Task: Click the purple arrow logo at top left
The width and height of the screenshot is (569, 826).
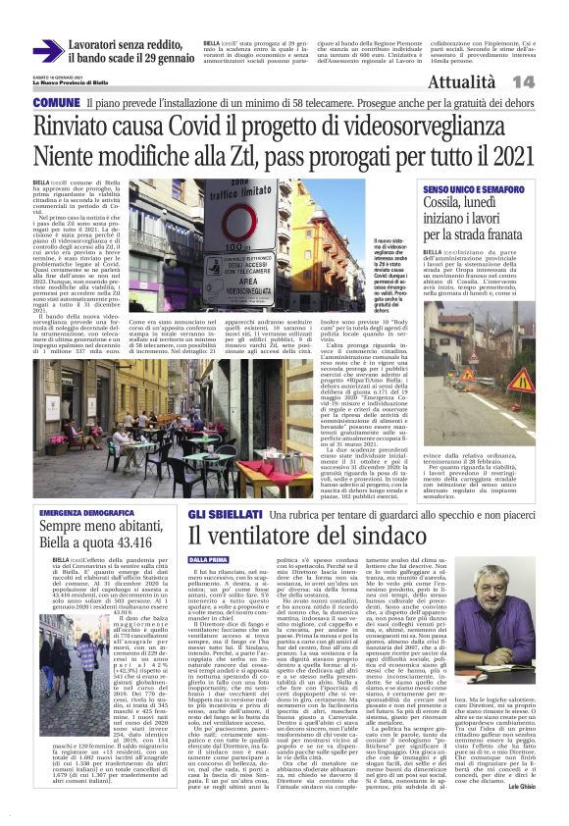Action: tap(47, 51)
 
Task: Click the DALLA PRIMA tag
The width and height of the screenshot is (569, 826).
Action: tap(206, 560)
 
